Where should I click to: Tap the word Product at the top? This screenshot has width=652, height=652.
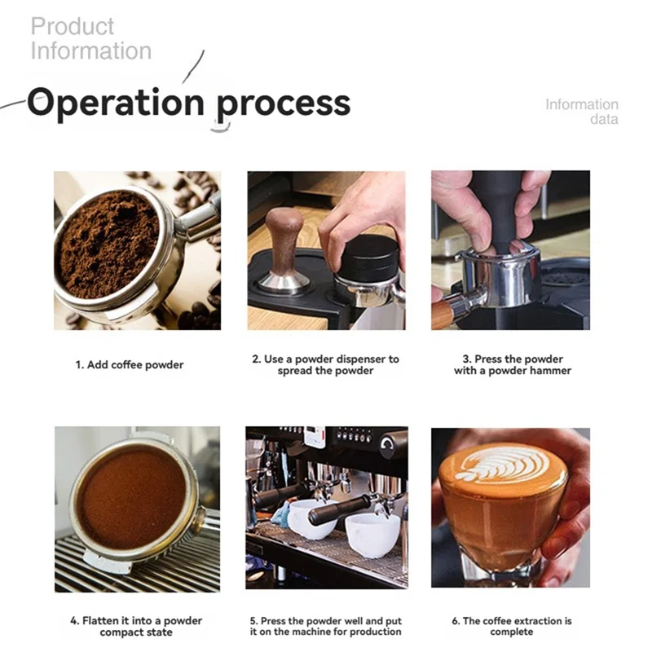click(73, 26)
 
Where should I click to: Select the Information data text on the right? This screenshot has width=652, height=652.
click(582, 112)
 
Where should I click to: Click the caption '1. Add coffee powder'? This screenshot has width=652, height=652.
click(130, 364)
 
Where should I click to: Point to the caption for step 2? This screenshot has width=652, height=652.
click(325, 364)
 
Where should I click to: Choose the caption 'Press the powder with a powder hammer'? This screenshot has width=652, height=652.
click(512, 364)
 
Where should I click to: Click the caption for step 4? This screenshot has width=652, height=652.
click(135, 626)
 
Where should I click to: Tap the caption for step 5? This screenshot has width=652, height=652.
click(325, 626)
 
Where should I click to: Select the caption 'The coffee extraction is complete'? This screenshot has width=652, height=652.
click(512, 626)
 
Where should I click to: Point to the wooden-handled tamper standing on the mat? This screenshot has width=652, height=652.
click(284, 249)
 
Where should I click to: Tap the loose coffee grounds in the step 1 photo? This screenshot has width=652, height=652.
click(108, 243)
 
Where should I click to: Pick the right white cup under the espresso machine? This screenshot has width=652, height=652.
click(373, 535)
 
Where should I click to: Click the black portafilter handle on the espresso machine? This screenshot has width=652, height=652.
click(335, 511)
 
